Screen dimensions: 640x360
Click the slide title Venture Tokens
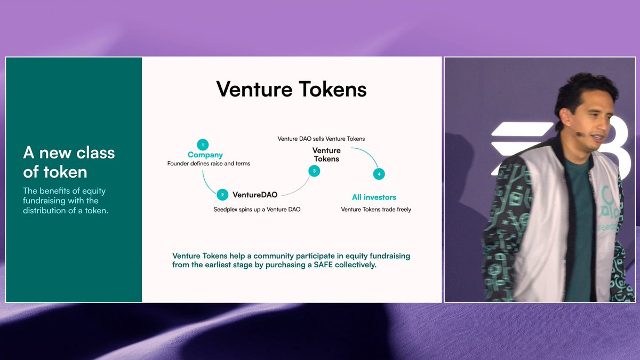291,89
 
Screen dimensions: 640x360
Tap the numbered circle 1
203,145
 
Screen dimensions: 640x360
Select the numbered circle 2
222,195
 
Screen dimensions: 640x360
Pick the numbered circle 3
314,171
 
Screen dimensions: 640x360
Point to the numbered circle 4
379,174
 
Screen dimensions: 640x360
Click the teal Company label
205,155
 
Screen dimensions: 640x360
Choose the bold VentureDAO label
255,195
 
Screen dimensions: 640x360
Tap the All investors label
374,197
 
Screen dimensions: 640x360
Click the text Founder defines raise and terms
209,163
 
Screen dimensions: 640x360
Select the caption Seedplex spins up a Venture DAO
257,210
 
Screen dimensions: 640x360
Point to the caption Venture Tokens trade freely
376,210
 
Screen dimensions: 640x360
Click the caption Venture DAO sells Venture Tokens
321,139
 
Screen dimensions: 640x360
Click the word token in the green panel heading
65,172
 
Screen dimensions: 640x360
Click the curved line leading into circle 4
367,154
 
